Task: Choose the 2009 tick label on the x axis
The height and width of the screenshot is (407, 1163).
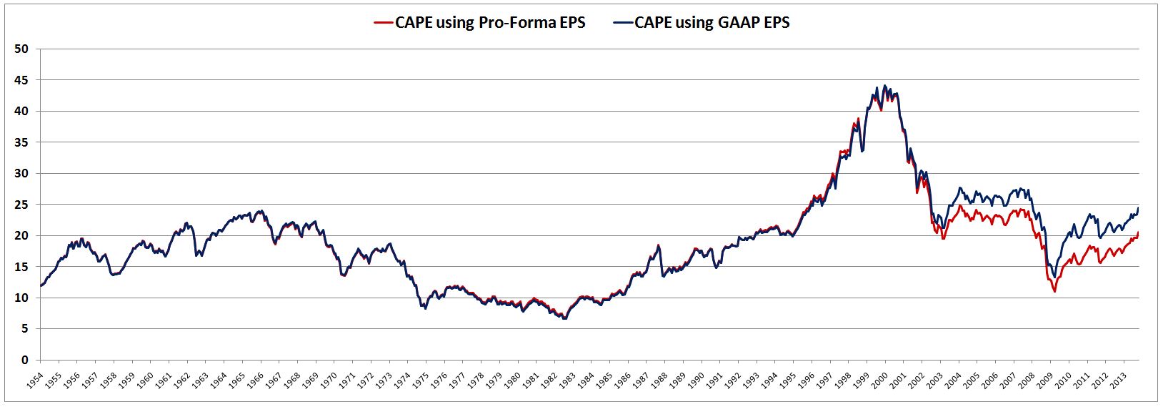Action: tap(1050, 379)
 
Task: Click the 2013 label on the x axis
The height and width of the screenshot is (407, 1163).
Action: tap(1124, 379)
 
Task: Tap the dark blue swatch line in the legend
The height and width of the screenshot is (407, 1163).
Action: tap(622, 22)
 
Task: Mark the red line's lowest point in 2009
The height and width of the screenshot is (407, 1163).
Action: tap(1054, 291)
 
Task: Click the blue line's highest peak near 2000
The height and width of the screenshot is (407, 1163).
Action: tap(885, 86)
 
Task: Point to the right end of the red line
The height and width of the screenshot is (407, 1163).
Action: tap(1138, 232)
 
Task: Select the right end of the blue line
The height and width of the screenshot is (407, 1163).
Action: tap(1138, 208)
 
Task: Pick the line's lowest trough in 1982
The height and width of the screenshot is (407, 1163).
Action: tap(564, 318)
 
